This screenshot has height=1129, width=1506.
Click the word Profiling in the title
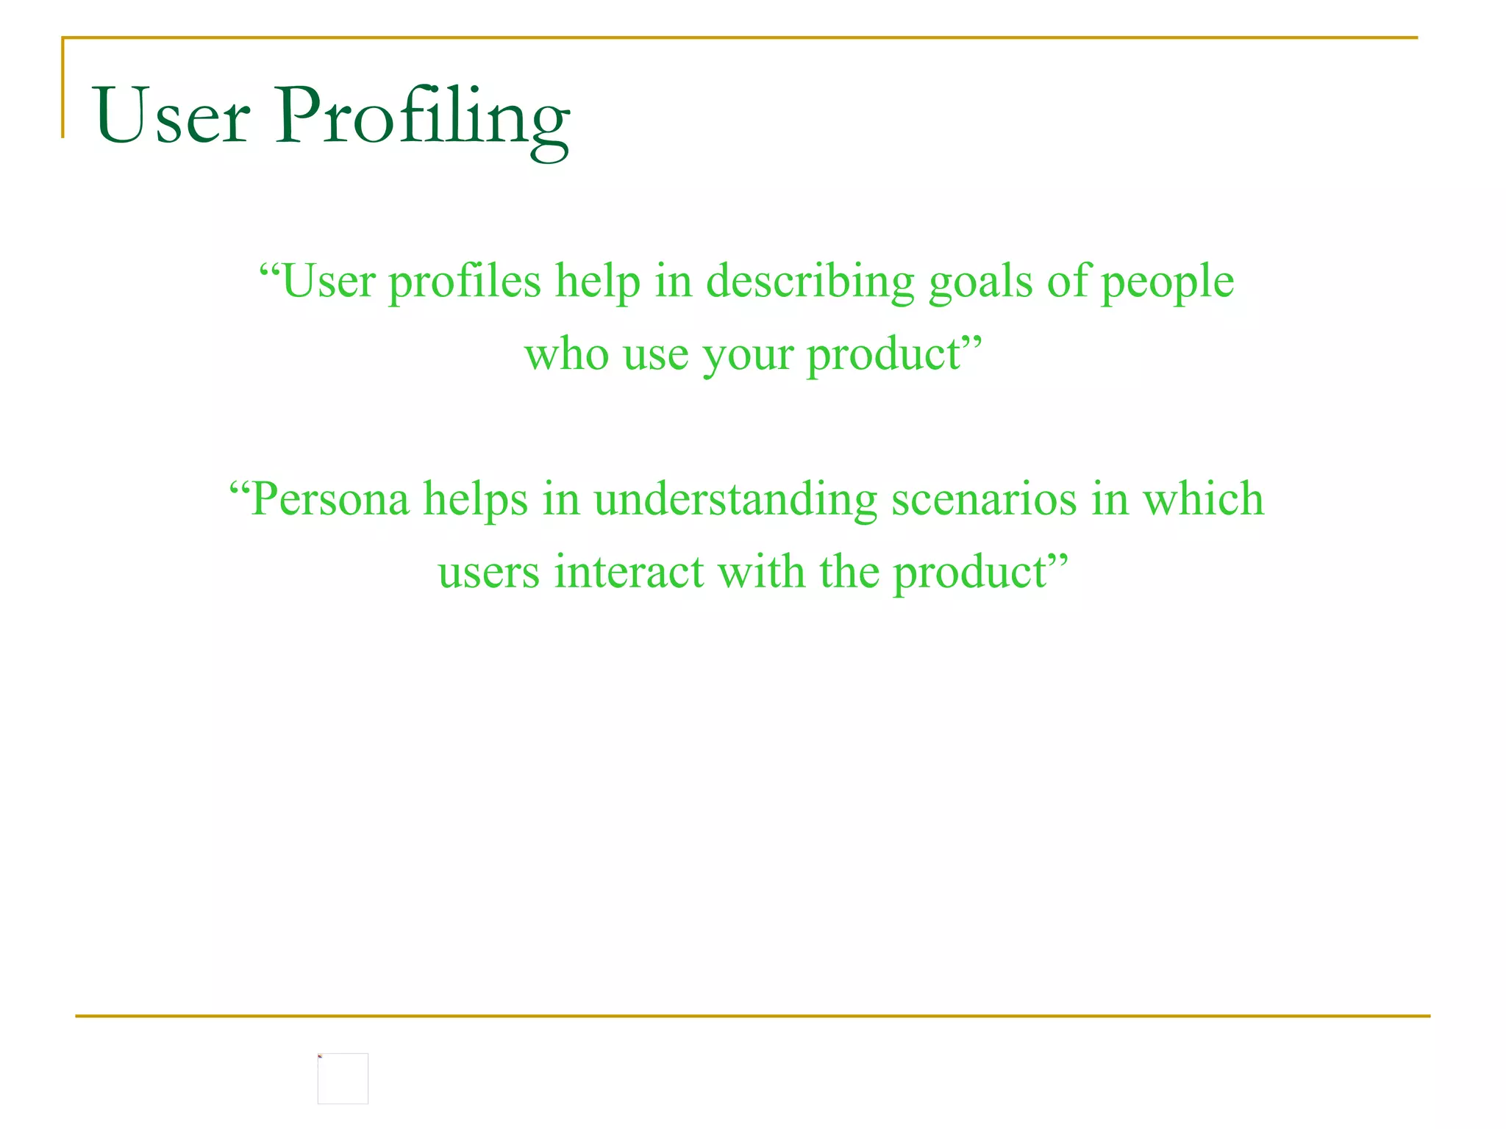coord(422,118)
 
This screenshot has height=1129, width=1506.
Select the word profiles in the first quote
coord(464,282)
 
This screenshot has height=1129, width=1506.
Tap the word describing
coord(810,282)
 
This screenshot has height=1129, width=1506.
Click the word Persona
coord(330,499)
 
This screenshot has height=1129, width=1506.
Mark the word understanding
coord(735,500)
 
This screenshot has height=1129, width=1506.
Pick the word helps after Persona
coord(476,500)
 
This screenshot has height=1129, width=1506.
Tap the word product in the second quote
coord(971,573)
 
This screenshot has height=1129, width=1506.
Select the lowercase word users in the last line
coord(489,573)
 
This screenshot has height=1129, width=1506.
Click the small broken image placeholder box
coord(343,1078)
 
